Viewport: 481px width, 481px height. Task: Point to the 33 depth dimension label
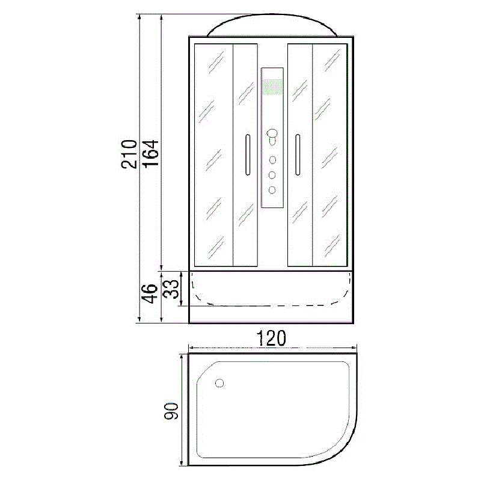pyautogui.click(x=171, y=289)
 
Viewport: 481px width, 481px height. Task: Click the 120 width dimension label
pyautogui.click(x=272, y=338)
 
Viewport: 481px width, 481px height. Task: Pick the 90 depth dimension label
pyautogui.click(x=171, y=411)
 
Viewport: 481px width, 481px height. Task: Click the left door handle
pyautogui.click(x=248, y=155)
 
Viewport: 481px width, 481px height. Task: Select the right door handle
pyautogui.click(x=298, y=155)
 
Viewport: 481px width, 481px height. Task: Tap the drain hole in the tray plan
pyautogui.click(x=219, y=383)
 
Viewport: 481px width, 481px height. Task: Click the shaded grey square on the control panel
pyautogui.click(x=272, y=87)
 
